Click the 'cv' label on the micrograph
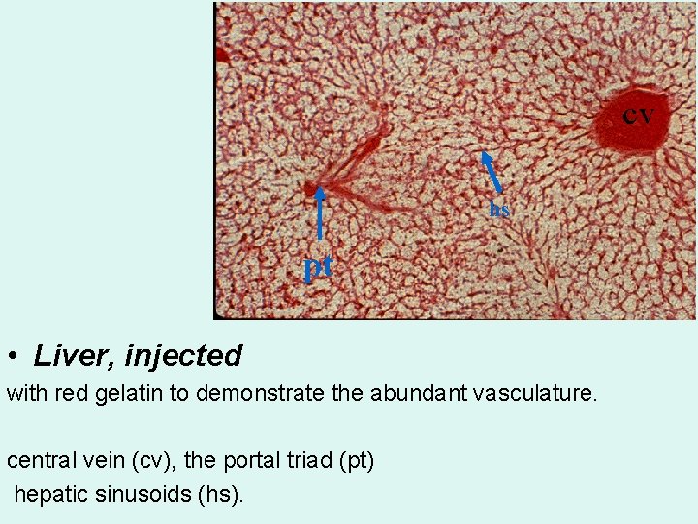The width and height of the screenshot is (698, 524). [638, 115]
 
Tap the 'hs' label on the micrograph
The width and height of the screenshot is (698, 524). [499, 209]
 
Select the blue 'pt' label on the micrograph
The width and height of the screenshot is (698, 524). [318, 265]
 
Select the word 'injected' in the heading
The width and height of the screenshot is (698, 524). [183, 356]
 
